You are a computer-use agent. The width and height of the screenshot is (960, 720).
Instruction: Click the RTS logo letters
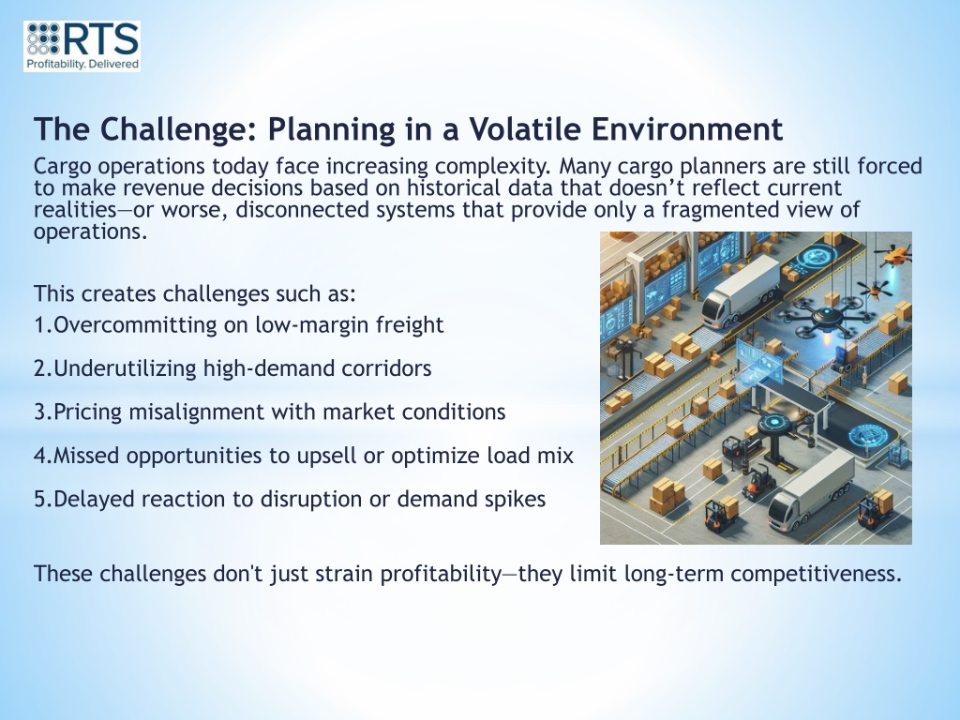(x=100, y=39)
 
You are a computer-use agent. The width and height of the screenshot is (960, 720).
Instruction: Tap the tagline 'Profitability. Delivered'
(x=82, y=65)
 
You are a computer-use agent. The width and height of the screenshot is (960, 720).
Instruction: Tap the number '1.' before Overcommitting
(x=43, y=324)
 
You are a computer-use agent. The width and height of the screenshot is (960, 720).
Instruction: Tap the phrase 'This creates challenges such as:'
(x=195, y=293)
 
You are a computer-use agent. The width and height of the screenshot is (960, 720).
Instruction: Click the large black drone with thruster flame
(x=825, y=319)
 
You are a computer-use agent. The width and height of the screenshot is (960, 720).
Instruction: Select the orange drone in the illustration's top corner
(x=894, y=255)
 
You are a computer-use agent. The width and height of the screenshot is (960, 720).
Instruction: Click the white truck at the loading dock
(x=739, y=291)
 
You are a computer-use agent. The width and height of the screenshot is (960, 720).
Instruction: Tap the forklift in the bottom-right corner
(x=875, y=509)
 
